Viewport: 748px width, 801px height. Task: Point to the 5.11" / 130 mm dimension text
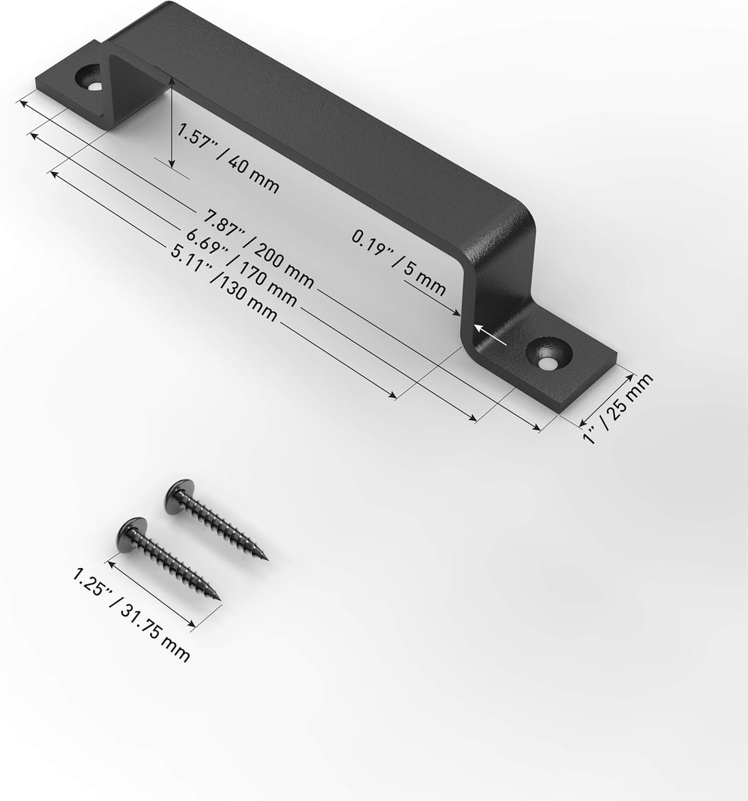click(x=224, y=285)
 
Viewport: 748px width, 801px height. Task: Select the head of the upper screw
click(x=178, y=495)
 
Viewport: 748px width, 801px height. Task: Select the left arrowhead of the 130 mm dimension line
click(x=53, y=174)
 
